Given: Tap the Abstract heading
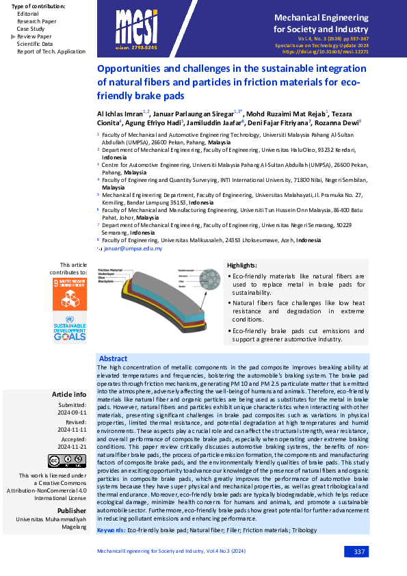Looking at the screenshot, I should (x=113, y=358).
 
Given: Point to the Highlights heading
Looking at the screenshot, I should (x=242, y=265).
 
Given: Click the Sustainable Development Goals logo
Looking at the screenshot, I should (x=70, y=329).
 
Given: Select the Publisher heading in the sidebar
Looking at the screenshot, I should (x=72, y=510).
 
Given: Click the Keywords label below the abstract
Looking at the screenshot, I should (x=111, y=530).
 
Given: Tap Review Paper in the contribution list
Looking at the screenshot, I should (x=34, y=36).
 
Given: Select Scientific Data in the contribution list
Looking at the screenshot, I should (x=35, y=44).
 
